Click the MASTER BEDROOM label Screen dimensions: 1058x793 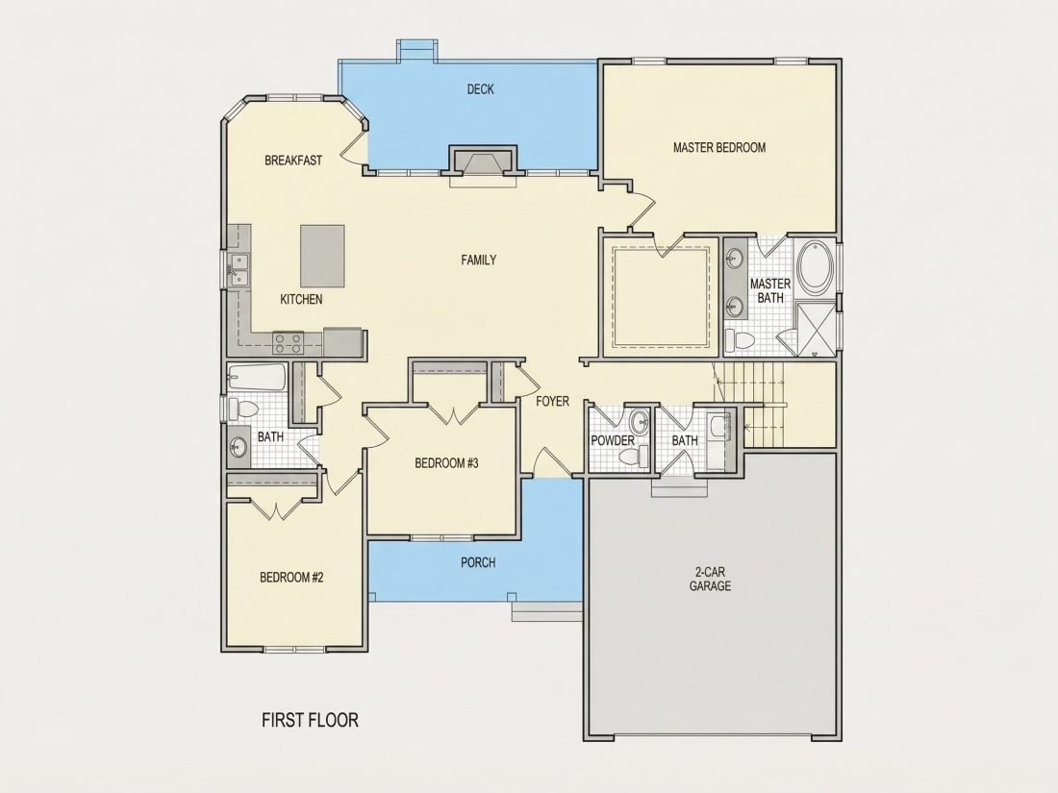719,148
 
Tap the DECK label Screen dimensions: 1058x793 480,89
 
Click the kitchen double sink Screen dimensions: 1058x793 239,270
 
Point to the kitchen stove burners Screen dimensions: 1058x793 289,343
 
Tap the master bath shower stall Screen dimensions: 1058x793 817,329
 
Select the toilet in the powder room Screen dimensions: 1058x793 632,458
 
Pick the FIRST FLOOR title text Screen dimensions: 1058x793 310,720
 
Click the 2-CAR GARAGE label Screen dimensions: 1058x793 710,580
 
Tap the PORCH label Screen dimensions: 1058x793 478,562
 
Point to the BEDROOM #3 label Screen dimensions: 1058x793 446,463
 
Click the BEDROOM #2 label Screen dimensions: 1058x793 292,578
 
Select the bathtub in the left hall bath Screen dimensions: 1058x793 257,378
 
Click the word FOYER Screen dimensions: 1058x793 553,401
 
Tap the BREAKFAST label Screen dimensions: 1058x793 293,161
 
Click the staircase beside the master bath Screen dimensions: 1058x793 750,404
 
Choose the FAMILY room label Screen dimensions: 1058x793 479,260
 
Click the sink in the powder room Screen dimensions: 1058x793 639,424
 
